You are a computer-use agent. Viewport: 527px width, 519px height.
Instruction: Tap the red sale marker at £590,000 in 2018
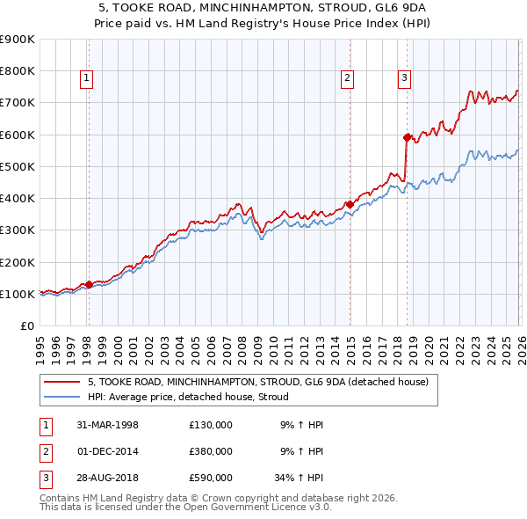(407, 137)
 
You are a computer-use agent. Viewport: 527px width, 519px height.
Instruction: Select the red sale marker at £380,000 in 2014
(350, 204)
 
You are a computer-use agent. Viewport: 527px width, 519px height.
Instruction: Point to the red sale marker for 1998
(90, 284)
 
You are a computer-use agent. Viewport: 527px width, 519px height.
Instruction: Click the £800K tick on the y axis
(18, 71)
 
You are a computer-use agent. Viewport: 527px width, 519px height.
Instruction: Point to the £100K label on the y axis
(18, 294)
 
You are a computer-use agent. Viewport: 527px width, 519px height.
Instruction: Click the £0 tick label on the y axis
(26, 326)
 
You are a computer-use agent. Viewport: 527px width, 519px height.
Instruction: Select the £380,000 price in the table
(210, 451)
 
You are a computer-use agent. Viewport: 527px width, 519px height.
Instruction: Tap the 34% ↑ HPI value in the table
(294, 478)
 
